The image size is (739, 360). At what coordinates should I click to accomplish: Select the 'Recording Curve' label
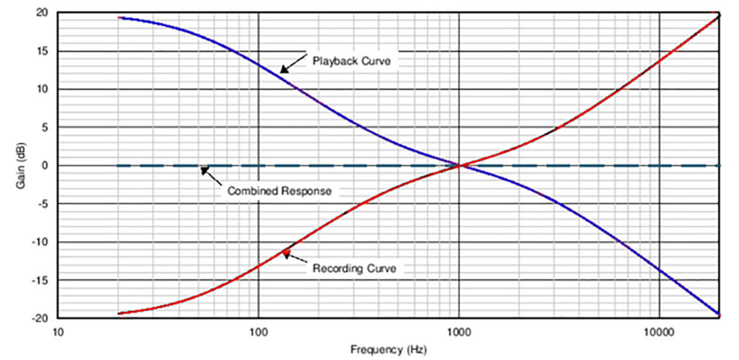pos(354,268)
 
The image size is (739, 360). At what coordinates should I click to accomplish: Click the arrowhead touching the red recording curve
pos(286,253)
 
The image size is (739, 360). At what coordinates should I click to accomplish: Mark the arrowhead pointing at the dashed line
pos(204,170)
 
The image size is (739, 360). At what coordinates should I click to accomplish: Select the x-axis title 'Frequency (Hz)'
pos(388,350)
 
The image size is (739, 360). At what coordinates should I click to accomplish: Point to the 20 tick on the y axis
pos(43,14)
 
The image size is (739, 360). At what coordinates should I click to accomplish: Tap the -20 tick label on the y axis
pos(42,318)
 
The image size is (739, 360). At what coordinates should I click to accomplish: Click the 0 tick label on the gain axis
pos(46,166)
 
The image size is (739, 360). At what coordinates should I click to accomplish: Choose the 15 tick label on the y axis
pos(43,51)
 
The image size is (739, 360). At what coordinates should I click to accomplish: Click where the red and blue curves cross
pos(459,165)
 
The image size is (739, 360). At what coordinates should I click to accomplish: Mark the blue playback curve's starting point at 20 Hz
pos(119,17)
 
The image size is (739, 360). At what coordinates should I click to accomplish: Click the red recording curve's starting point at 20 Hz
pos(119,314)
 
